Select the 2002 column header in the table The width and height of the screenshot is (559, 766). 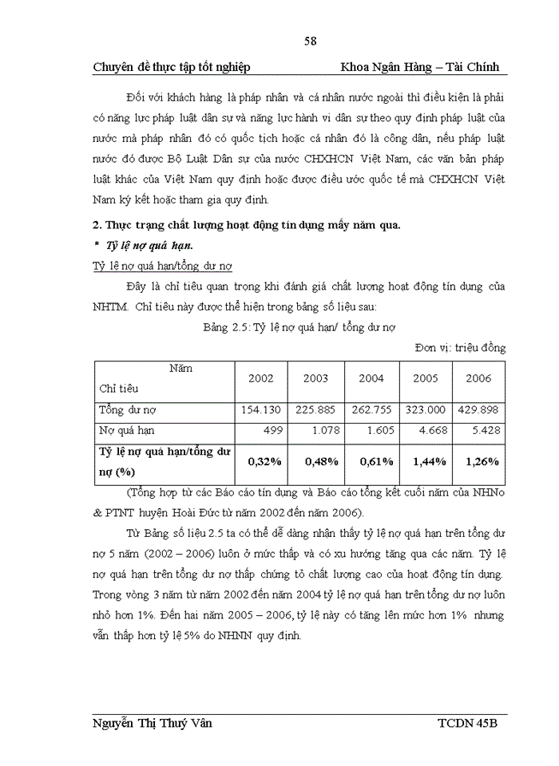(x=260, y=378)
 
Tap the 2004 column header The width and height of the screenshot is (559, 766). (x=371, y=378)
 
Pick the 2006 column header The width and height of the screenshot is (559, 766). (x=478, y=378)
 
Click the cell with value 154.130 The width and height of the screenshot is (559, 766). (x=260, y=409)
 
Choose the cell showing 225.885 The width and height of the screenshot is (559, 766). (x=315, y=409)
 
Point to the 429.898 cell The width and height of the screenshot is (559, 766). (x=478, y=409)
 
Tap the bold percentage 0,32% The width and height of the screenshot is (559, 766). (x=260, y=461)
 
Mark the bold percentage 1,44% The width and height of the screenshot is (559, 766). (x=425, y=461)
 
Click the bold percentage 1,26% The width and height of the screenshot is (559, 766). (x=479, y=461)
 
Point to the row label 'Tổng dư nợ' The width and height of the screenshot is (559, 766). (x=128, y=409)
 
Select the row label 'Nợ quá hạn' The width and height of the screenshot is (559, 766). (x=127, y=431)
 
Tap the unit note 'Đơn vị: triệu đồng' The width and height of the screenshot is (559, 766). (x=460, y=347)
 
